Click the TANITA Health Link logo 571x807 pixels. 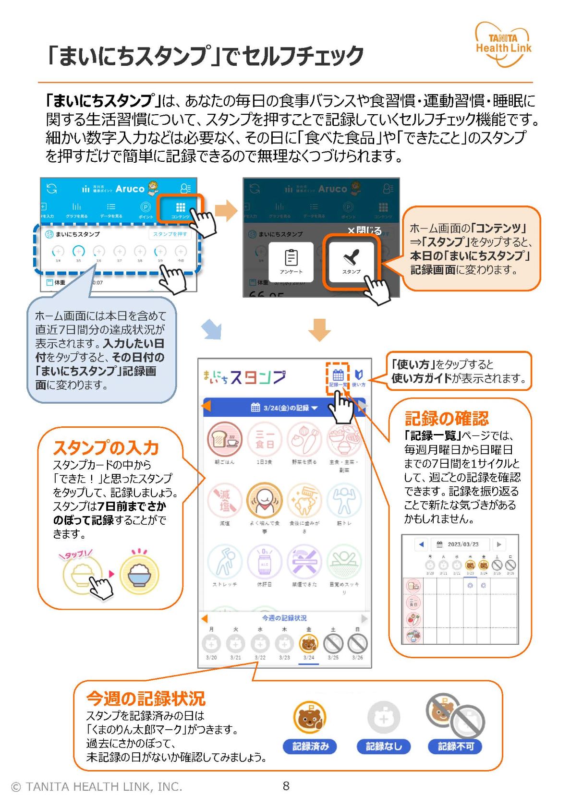tap(503, 44)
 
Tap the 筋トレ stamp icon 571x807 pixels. tap(344, 500)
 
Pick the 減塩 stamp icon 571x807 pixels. tap(224, 500)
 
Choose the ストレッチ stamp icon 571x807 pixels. tap(224, 561)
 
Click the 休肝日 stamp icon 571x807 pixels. tap(264, 561)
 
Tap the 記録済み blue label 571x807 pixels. tap(310, 746)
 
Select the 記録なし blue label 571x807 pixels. tap(383, 746)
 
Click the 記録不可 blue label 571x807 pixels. tap(455, 746)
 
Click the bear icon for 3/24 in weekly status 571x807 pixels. tap(308, 643)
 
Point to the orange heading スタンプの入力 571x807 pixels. tap(106, 447)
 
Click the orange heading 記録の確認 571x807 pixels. tap(446, 418)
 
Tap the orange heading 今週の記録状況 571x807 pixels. tap(146, 698)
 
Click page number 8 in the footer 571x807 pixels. tap(286, 786)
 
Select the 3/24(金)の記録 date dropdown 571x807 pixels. tap(284, 408)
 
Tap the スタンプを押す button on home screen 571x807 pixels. tap(170, 234)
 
